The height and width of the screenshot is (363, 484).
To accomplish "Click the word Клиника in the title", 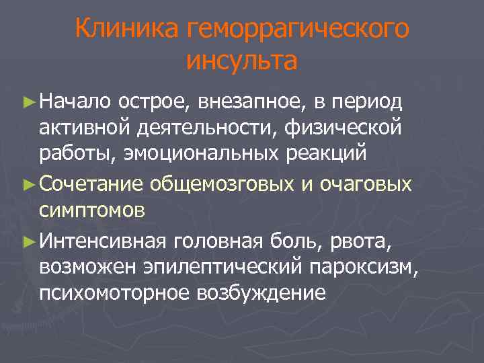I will tap(128, 29).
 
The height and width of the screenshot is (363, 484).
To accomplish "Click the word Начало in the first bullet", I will tap(75, 102).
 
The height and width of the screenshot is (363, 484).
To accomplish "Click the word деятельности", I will tap(212, 126).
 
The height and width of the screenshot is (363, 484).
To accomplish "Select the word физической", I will tap(344, 126).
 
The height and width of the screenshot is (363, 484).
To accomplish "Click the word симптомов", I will tap(91, 209).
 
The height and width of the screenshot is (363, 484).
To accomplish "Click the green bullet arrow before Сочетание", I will tap(28, 184).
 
